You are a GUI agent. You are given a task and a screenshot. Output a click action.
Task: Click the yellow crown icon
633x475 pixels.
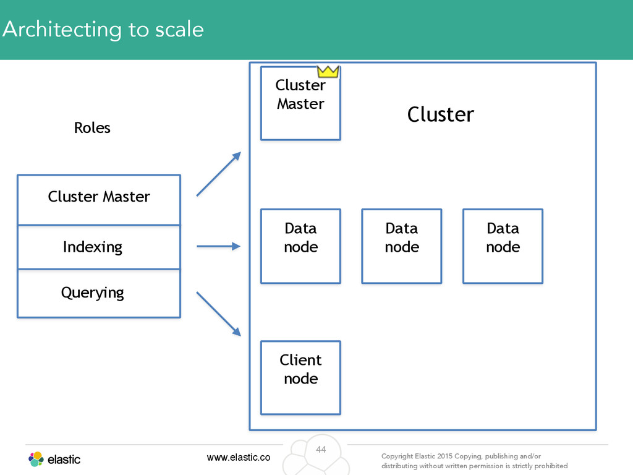[328, 72]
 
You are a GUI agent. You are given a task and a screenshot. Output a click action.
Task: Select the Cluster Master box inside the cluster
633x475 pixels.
[301, 103]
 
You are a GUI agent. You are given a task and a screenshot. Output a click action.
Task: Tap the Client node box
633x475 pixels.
[301, 378]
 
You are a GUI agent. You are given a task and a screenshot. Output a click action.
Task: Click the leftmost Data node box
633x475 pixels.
[301, 246]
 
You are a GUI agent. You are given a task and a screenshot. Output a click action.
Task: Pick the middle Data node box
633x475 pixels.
[402, 246]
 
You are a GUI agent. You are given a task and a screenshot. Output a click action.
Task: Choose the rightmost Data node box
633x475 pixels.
[503, 246]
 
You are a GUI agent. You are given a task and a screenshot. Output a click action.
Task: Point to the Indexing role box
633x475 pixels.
[99, 247]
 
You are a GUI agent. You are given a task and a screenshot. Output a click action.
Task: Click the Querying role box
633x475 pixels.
[99, 293]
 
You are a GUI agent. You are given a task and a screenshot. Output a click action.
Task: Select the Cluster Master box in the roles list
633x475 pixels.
[99, 200]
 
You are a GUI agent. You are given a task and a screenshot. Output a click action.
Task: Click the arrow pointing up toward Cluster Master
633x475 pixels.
[219, 174]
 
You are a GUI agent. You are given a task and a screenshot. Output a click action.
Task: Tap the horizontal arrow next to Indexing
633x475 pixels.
[218, 246]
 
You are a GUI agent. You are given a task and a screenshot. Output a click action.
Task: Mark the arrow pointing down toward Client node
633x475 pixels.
[219, 314]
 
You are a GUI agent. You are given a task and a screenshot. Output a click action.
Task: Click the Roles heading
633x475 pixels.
[92, 127]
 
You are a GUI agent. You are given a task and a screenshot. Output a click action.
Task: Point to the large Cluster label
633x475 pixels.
[440, 114]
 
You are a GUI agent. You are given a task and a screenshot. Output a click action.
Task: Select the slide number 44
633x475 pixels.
[321, 450]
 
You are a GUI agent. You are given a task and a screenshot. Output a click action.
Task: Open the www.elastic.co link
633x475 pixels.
[239, 457]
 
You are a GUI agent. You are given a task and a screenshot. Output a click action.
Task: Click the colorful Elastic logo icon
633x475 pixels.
[36, 460]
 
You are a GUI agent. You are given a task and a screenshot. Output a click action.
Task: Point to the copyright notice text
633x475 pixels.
[474, 461]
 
